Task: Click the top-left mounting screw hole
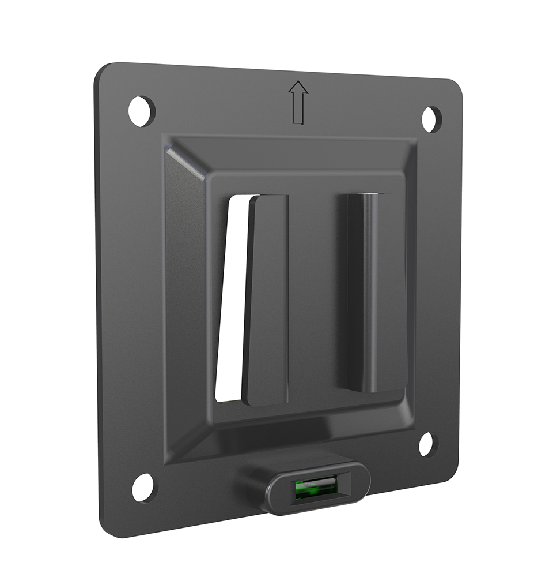[141, 111]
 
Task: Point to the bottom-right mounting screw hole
[426, 444]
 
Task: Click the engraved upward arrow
[298, 102]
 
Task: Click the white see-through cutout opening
[230, 300]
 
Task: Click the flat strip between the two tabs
[317, 294]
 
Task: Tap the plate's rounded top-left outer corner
[104, 72]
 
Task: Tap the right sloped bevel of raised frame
[410, 288]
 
